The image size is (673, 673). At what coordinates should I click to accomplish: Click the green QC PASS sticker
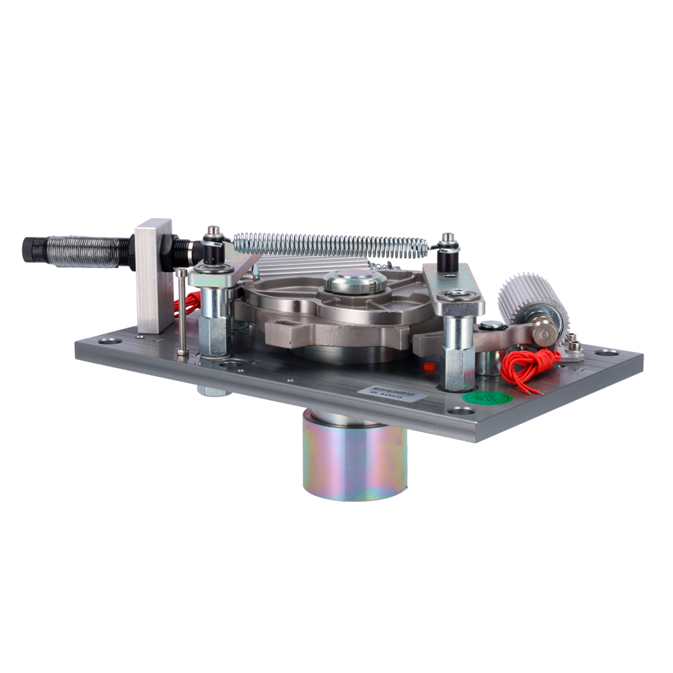pyautogui.click(x=487, y=398)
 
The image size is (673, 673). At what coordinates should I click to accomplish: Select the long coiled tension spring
pyautogui.click(x=330, y=244)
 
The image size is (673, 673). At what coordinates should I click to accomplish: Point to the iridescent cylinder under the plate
pyautogui.click(x=355, y=457)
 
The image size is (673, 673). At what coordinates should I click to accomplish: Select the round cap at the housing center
pyautogui.click(x=355, y=280)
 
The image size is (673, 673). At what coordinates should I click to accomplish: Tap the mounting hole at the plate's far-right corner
pyautogui.click(x=608, y=353)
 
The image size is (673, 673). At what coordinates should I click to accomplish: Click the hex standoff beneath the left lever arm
pyautogui.click(x=215, y=323)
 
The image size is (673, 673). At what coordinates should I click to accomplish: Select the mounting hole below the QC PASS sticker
pyautogui.click(x=461, y=410)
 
